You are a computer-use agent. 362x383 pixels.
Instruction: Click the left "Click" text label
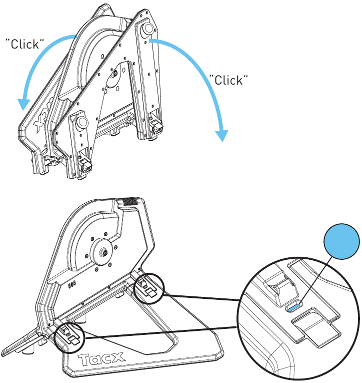pos(22,44)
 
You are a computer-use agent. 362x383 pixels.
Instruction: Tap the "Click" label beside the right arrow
pos(228,80)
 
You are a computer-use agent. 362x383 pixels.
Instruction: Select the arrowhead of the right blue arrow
pos(221,136)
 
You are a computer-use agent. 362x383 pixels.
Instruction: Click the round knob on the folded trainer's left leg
pos(81,122)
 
